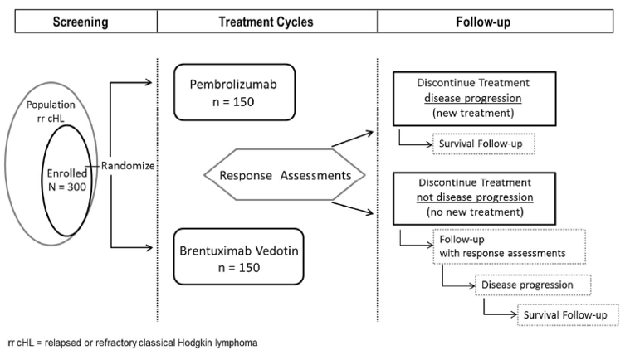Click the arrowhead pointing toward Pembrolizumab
click(x=150, y=81)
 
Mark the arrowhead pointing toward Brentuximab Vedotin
click(x=150, y=247)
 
